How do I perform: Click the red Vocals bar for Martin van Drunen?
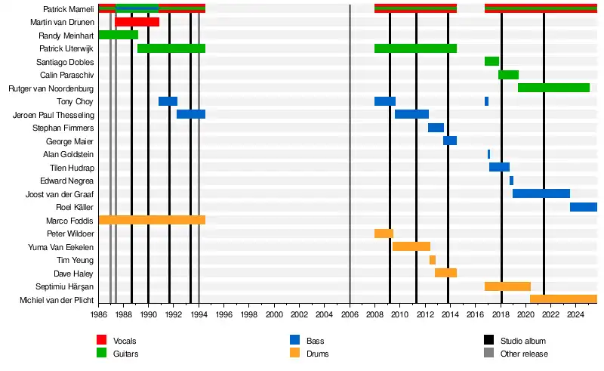pos(137,22)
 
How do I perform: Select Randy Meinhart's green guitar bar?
pos(118,35)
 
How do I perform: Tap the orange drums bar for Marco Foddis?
pos(151,220)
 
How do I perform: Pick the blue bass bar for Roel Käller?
pos(583,207)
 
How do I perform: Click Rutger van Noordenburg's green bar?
pos(553,88)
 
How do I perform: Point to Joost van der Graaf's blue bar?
pos(541,193)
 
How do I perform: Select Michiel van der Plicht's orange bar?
pos(563,299)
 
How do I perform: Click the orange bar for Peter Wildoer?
pos(384,233)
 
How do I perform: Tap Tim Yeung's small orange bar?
pos(433,260)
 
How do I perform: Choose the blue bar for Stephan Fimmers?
pos(436,128)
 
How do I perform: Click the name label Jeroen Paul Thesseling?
pos(54,115)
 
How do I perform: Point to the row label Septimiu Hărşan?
pos(65,287)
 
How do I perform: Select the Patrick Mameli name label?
pos(69,9)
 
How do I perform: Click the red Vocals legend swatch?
pos(102,341)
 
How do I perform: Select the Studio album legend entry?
pos(522,342)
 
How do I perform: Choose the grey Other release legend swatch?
pos(488,354)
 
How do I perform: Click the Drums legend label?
pos(319,354)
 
